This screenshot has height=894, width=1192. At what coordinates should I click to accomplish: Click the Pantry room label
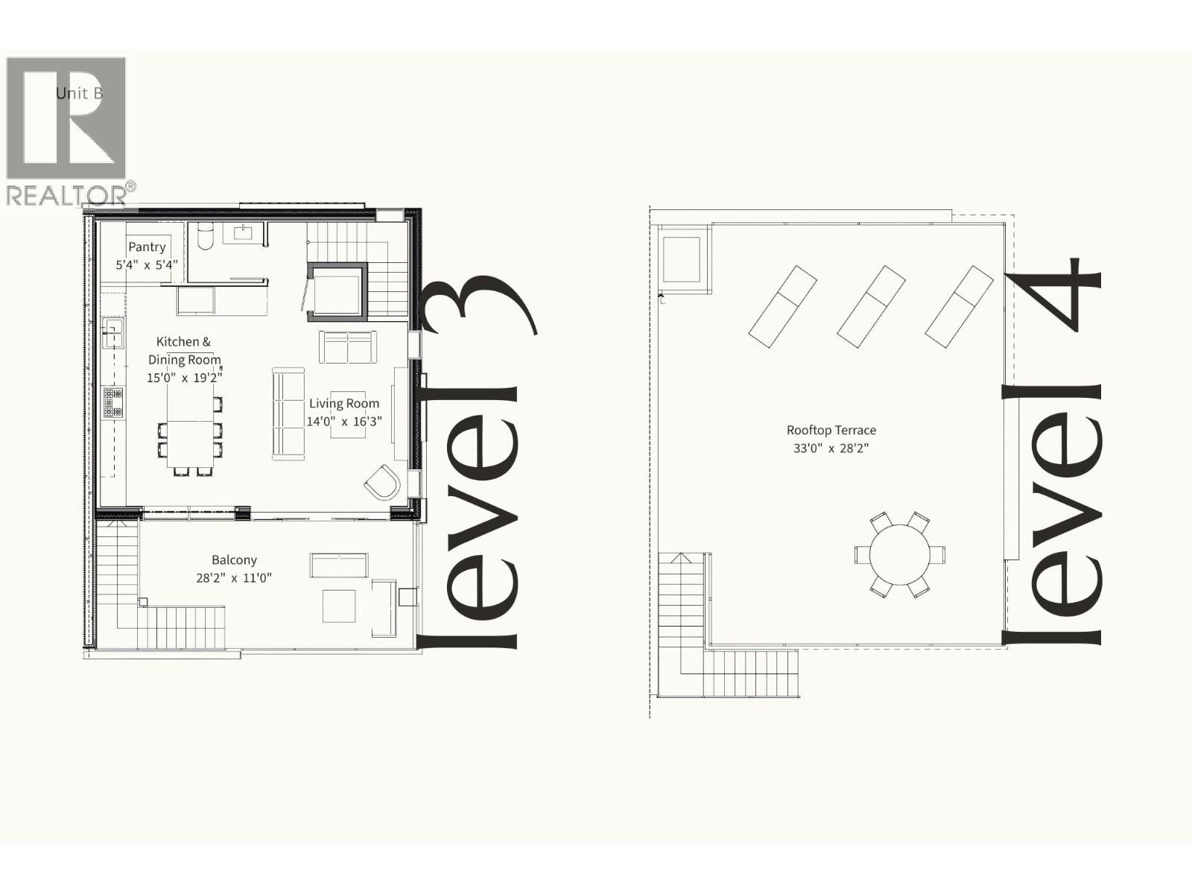147,247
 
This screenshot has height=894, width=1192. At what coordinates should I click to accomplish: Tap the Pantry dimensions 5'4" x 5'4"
147,264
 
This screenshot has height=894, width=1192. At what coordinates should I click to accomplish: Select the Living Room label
344,403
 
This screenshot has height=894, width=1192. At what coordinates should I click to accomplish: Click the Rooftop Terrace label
831,430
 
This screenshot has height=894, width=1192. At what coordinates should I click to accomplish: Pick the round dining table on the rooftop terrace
900,555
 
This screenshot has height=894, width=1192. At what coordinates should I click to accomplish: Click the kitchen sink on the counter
112,332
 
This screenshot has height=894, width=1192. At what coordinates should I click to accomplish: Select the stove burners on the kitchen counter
113,402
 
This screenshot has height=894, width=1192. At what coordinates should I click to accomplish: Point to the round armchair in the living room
383,484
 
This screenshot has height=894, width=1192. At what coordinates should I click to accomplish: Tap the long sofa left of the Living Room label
288,413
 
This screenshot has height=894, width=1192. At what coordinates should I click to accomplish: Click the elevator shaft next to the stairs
337,292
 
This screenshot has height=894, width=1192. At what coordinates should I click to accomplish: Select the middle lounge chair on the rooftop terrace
871,307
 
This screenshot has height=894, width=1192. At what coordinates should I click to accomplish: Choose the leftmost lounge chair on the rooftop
782,307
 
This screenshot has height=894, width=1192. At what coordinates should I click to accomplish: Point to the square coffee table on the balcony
339,606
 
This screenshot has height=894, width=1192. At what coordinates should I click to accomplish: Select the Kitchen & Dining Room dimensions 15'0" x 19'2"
184,378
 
